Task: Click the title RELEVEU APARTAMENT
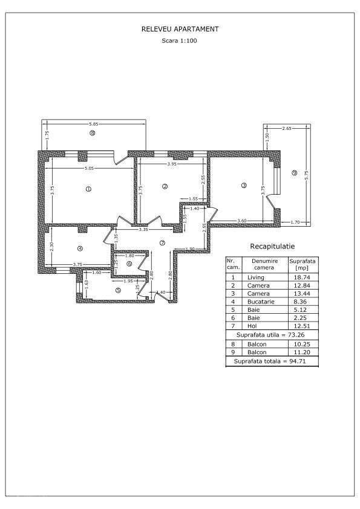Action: [180, 29]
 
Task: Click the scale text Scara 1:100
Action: [180, 41]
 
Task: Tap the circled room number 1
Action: [88, 189]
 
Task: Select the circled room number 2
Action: [165, 186]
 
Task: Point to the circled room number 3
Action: [244, 186]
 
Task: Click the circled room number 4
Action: [79, 248]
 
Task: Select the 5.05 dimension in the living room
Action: [88, 167]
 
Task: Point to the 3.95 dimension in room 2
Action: [171, 164]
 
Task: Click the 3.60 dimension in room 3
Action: [241, 221]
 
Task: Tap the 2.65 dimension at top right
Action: [287, 129]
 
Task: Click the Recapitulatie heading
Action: [272, 247]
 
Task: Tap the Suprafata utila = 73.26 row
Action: [271, 334]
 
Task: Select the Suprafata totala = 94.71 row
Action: [271, 361]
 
